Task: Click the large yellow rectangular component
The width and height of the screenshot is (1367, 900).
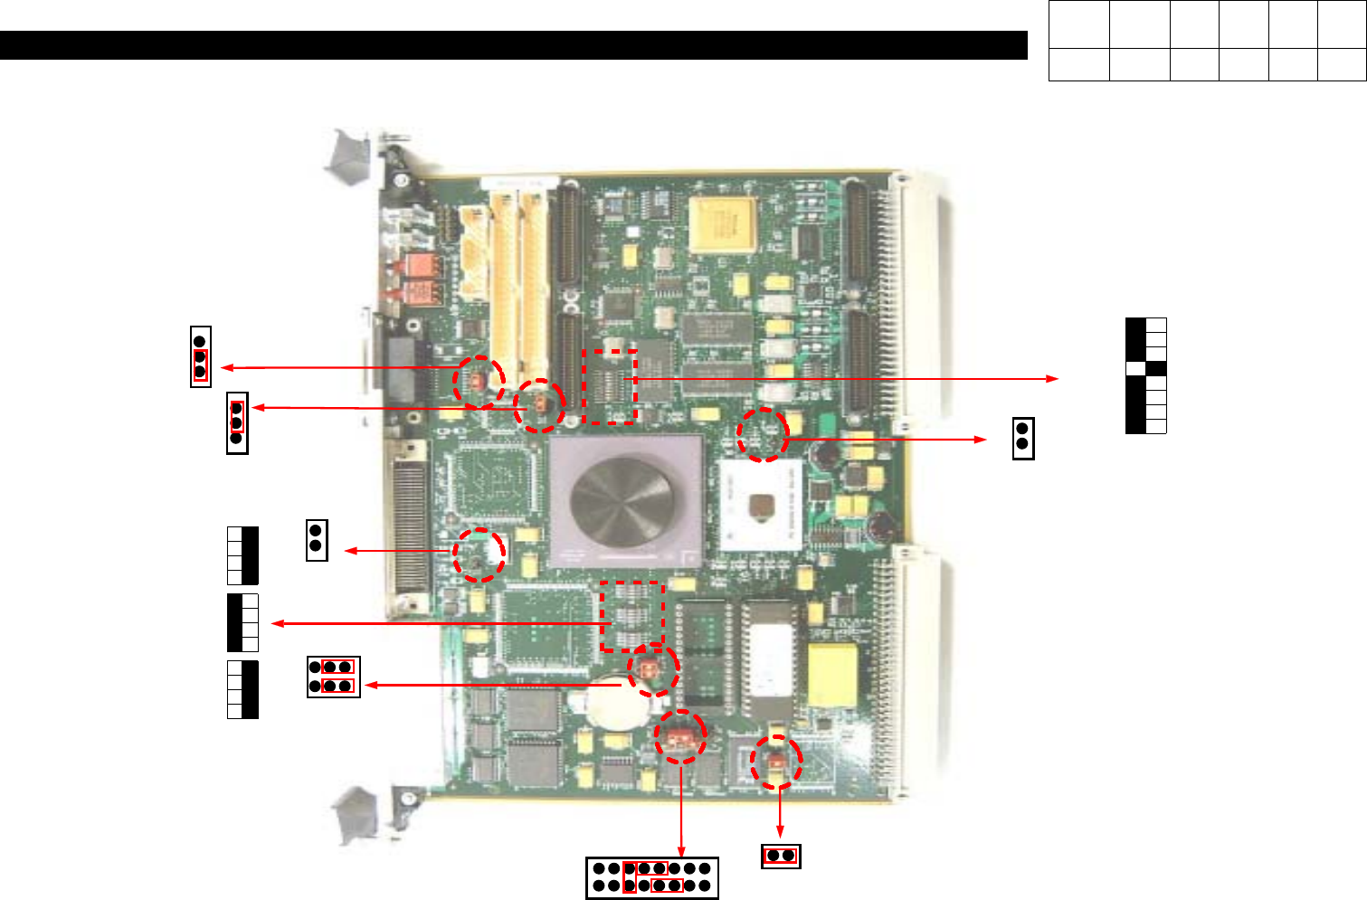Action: pyautogui.click(x=832, y=675)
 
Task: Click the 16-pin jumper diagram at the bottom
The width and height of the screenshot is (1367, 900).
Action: pyautogui.click(x=651, y=877)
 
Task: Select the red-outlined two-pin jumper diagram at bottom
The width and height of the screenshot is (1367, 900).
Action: pyautogui.click(x=780, y=856)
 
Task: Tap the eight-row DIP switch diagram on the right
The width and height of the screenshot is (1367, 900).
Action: pyautogui.click(x=1145, y=375)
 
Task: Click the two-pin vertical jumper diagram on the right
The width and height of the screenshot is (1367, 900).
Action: pyautogui.click(x=1022, y=438)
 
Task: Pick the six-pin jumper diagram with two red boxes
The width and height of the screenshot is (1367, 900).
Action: pyautogui.click(x=333, y=677)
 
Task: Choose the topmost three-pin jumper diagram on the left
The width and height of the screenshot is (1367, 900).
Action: pyautogui.click(x=200, y=356)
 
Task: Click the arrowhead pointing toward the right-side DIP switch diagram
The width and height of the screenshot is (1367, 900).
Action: pyautogui.click(x=1052, y=378)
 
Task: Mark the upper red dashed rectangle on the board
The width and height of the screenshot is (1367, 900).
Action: pyautogui.click(x=610, y=386)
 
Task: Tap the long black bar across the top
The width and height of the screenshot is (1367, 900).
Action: pyautogui.click(x=513, y=45)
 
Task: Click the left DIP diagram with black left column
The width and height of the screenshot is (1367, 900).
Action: pyautogui.click(x=242, y=622)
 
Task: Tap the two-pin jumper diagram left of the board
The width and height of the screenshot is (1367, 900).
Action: pyautogui.click(x=317, y=540)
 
